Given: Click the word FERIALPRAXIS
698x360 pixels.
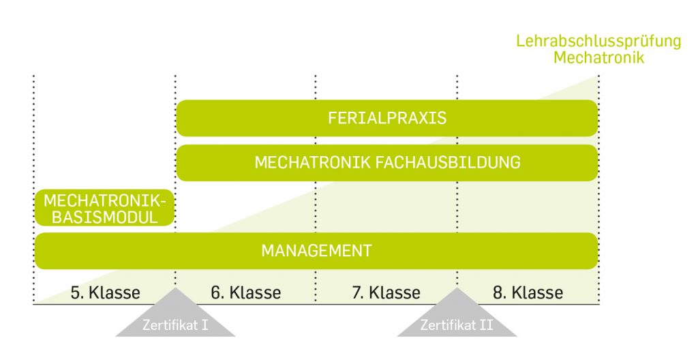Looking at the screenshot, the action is coord(387,118).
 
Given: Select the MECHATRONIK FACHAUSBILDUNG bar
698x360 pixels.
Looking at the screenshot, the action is coord(387,163).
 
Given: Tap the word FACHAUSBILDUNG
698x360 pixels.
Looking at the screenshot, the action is coord(448,163).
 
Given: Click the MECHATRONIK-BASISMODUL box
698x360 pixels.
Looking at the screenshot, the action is coord(104,208).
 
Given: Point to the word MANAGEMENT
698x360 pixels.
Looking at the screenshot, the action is coord(316,251).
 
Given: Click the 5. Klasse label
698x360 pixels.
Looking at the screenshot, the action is coord(106,292).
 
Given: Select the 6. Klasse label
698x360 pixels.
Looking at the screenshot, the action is coord(246,292).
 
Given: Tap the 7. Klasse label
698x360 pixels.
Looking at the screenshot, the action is coord(386,292).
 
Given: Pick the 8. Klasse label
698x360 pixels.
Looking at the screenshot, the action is coord(528,292).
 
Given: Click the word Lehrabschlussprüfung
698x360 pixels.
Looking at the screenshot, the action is coord(598,42).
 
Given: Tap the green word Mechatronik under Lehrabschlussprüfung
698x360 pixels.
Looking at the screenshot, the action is coord(598,57).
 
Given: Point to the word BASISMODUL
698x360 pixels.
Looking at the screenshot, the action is coord(104,217).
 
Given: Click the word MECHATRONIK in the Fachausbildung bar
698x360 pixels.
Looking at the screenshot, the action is coord(312,163).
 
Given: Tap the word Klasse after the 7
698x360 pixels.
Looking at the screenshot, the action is coord(395,292).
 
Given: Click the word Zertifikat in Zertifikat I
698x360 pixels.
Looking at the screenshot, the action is coord(170,325).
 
